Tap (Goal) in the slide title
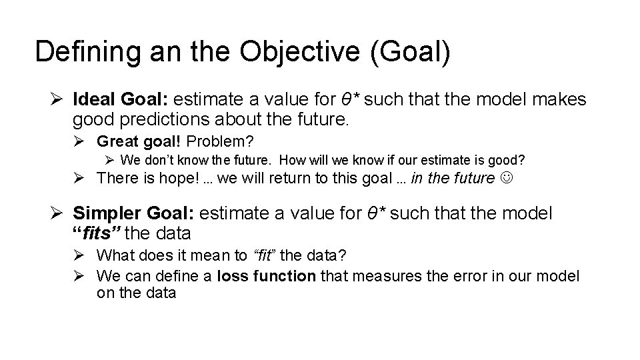point(408,52)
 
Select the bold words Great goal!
point(139,141)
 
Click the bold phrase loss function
point(266,275)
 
